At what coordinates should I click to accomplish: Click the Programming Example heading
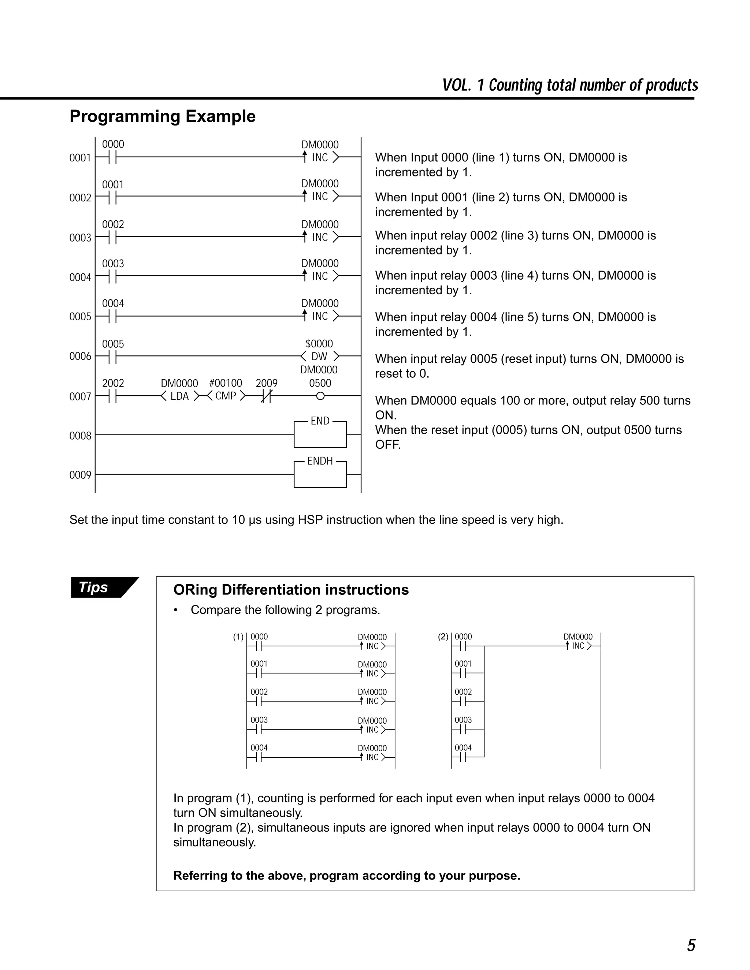point(162,116)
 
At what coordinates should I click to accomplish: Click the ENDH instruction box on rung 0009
point(320,474)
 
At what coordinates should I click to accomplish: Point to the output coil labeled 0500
point(320,396)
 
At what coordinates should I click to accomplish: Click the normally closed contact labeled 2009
point(266,396)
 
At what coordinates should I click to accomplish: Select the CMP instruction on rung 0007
point(226,396)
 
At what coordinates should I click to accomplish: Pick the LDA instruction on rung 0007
point(179,396)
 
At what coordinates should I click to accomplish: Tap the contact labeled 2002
point(113,396)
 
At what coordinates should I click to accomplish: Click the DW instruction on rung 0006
point(319,356)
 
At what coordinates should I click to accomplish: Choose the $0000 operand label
point(319,344)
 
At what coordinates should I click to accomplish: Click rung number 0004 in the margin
point(80,277)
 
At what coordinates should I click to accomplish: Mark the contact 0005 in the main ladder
point(113,356)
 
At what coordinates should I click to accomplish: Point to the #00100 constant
point(225,383)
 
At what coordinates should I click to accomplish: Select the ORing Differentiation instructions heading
point(290,590)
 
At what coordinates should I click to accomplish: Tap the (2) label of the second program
point(443,637)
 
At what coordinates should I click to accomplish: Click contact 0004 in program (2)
point(463,757)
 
